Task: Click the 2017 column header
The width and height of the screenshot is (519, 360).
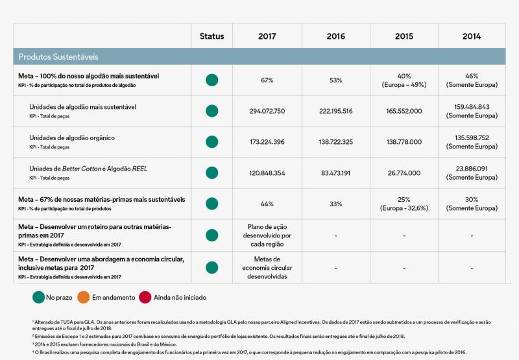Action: pyautogui.click(x=267, y=36)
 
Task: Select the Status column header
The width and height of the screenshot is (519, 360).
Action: pyautogui.click(x=211, y=36)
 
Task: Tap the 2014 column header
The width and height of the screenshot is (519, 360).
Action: pyautogui.click(x=472, y=36)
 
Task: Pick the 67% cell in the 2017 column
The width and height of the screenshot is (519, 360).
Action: pyautogui.click(x=267, y=80)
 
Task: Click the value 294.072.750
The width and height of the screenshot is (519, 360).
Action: pyautogui.click(x=267, y=111)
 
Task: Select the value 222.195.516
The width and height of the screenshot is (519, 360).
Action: pyautogui.click(x=336, y=111)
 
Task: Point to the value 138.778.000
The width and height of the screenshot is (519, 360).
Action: pyautogui.click(x=404, y=141)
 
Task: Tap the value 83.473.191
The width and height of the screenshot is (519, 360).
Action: pyautogui.click(x=336, y=173)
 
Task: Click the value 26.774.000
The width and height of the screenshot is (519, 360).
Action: pyautogui.click(x=404, y=173)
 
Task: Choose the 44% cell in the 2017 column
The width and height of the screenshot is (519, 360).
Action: pyautogui.click(x=267, y=204)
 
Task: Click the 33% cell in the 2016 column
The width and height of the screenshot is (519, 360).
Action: pyautogui.click(x=336, y=204)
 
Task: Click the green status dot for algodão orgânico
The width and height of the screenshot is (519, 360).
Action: pyautogui.click(x=211, y=142)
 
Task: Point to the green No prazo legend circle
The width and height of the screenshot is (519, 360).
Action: pyautogui.click(x=38, y=297)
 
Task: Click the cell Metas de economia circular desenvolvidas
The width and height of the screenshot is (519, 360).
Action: pyautogui.click(x=267, y=267)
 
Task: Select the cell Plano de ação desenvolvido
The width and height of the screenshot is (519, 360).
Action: pyautogui.click(x=267, y=235)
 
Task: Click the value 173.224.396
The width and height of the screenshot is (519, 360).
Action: pyautogui.click(x=267, y=141)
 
